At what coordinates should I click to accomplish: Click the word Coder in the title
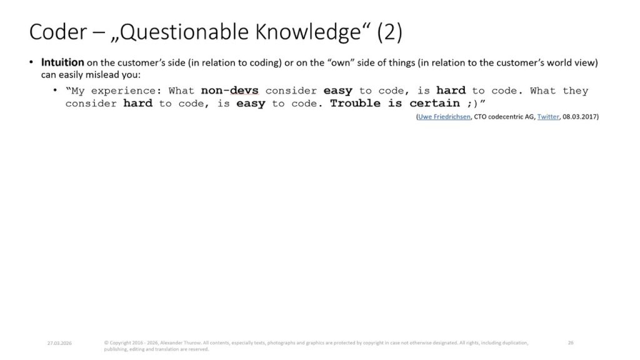[x=58, y=32]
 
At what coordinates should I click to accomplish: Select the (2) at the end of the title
[x=389, y=32]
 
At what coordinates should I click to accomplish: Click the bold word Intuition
[x=62, y=62]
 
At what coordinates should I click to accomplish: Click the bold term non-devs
[x=230, y=90]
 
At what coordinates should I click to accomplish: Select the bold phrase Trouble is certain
[x=395, y=103]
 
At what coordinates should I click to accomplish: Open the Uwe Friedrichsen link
[x=444, y=117]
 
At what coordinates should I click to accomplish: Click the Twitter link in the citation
[x=547, y=117]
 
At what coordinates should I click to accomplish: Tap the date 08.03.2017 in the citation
[x=579, y=117]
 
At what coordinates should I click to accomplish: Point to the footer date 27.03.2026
[x=59, y=343]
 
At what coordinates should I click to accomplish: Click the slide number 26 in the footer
[x=571, y=343]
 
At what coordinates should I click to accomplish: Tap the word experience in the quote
[x=123, y=91]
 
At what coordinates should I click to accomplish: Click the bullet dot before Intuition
[x=31, y=62]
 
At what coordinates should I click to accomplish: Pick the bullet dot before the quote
[x=55, y=90]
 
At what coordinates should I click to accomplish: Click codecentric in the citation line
[x=506, y=117]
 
